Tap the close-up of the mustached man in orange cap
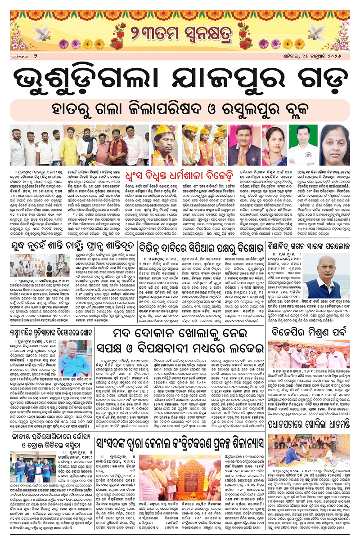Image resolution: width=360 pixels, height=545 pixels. tap(163, 145)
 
